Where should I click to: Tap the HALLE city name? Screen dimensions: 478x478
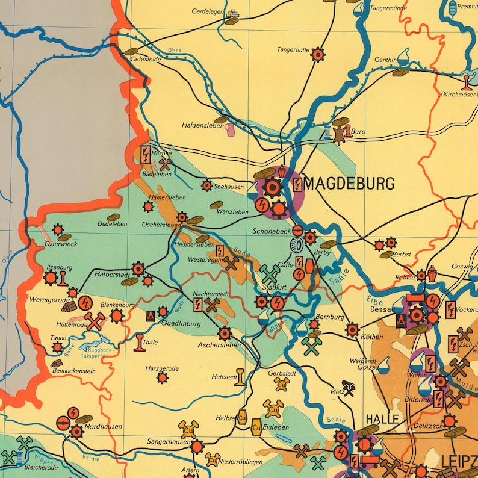click(x=382, y=420)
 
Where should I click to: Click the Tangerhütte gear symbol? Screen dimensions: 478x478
click(x=317, y=55)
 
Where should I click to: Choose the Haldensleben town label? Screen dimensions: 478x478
click(x=202, y=126)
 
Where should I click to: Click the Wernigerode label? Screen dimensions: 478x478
click(x=50, y=299)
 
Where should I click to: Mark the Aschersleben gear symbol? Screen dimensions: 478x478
click(x=225, y=333)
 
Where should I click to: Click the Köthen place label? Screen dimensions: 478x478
click(x=371, y=337)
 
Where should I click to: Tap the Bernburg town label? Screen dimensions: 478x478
click(x=330, y=317)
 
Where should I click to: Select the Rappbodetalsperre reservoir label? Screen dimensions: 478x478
click(x=101, y=353)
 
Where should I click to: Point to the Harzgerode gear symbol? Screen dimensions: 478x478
click(x=162, y=378)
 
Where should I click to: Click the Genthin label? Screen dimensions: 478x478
click(x=385, y=60)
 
